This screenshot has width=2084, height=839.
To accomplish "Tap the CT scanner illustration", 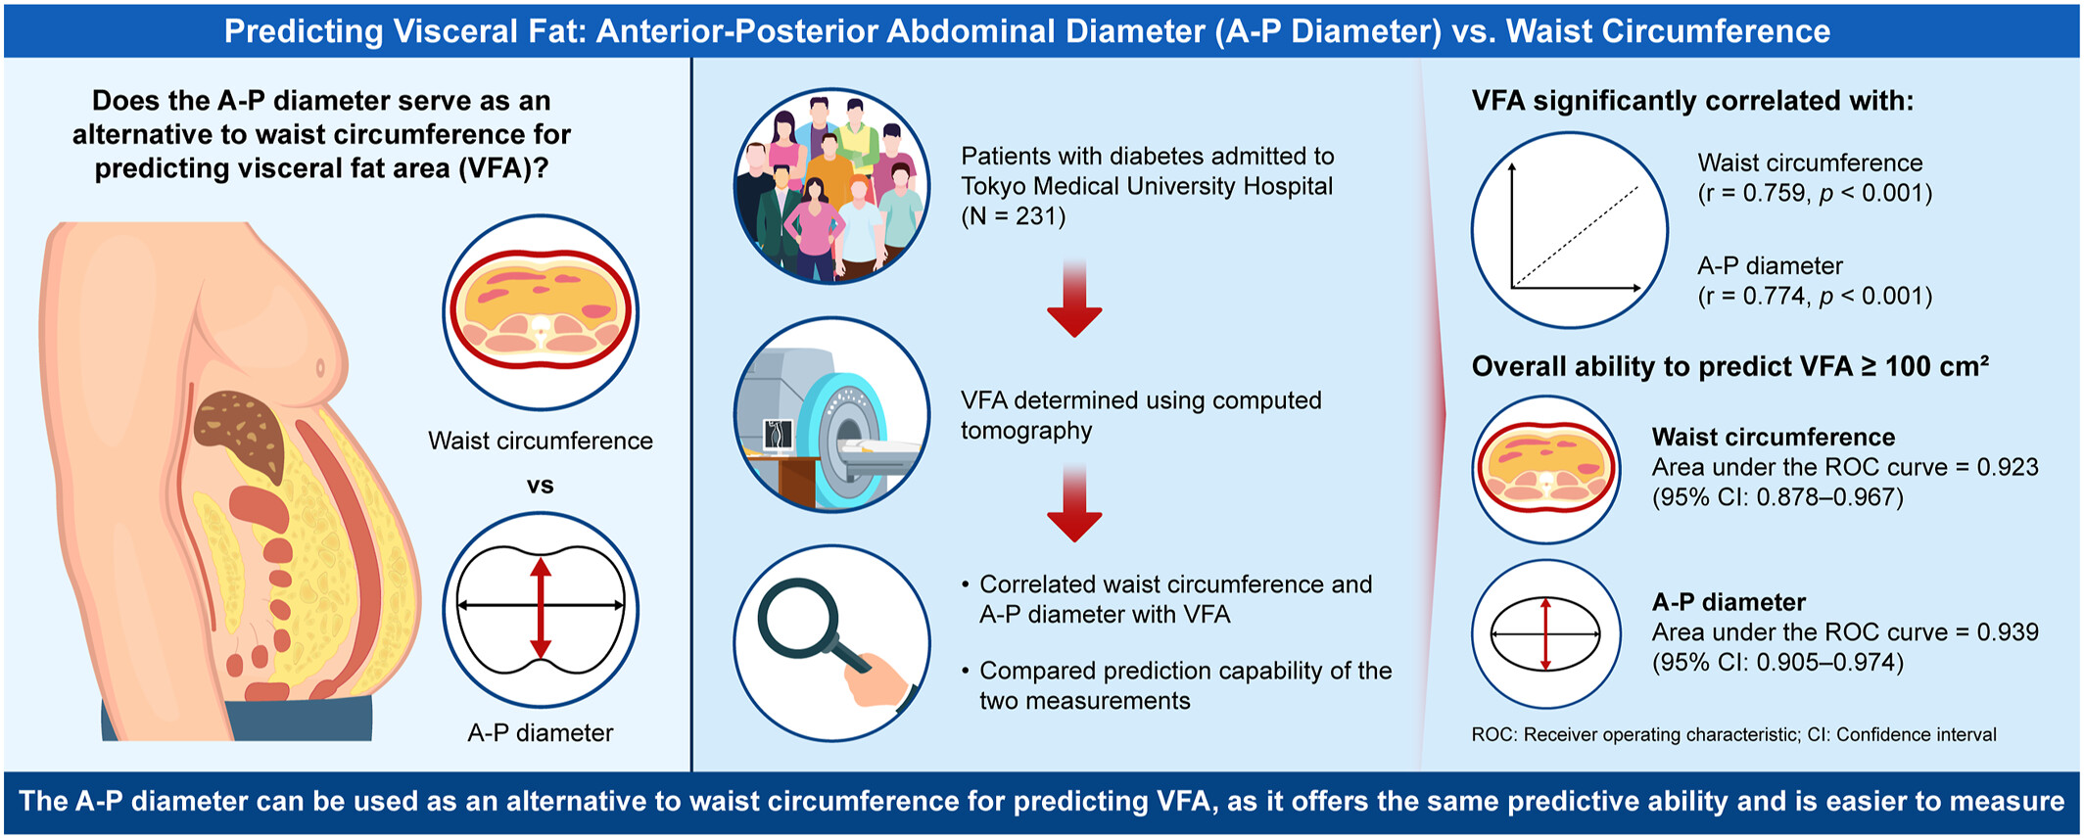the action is tap(831, 414).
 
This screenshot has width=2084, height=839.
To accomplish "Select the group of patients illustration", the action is tap(831, 186).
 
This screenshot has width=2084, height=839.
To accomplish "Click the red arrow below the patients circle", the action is tap(1074, 299).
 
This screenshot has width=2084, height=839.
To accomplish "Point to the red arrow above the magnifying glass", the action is tap(1074, 503).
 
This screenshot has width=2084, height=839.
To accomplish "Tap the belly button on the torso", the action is tap(319, 369).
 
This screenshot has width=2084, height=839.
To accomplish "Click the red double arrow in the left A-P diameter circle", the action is tap(541, 608).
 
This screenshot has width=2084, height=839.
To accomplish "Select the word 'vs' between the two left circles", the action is tap(540, 486).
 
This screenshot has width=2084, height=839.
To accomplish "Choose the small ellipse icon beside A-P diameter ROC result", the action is tap(1545, 634).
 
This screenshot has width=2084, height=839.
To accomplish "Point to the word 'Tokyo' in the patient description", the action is tap(993, 186).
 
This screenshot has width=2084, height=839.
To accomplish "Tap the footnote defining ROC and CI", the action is tap(1733, 734).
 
